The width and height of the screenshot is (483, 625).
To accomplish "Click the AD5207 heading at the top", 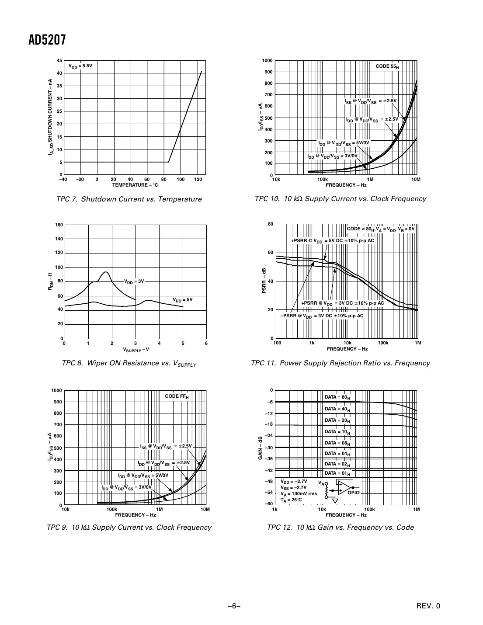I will (47, 40).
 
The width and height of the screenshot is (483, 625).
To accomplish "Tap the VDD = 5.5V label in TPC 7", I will (80, 66).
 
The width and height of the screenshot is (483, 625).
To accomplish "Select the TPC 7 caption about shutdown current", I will (129, 199).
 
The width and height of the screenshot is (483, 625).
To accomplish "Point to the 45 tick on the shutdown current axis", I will (59, 60).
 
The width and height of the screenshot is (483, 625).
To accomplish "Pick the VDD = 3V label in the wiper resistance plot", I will (134, 281).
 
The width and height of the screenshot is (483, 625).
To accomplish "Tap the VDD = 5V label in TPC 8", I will (183, 300).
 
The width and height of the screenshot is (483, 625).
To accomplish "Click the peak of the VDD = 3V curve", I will (105, 272).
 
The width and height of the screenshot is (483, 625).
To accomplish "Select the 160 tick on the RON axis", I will (59, 225).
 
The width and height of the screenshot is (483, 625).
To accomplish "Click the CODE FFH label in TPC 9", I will (177, 396).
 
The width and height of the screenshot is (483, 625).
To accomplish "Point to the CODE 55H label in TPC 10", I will (387, 66).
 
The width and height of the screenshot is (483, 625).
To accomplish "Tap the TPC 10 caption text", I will (340, 199).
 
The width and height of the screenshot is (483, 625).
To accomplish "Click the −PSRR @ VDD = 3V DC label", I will (321, 316).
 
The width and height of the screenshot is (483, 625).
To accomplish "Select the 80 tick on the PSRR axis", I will (271, 224).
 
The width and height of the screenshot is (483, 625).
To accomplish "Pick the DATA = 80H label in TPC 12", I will (337, 397).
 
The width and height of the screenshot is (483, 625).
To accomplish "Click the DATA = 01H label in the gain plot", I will (337, 473).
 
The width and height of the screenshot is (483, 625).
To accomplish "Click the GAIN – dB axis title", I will (260, 448).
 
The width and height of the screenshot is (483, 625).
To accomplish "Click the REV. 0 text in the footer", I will (428, 606).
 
